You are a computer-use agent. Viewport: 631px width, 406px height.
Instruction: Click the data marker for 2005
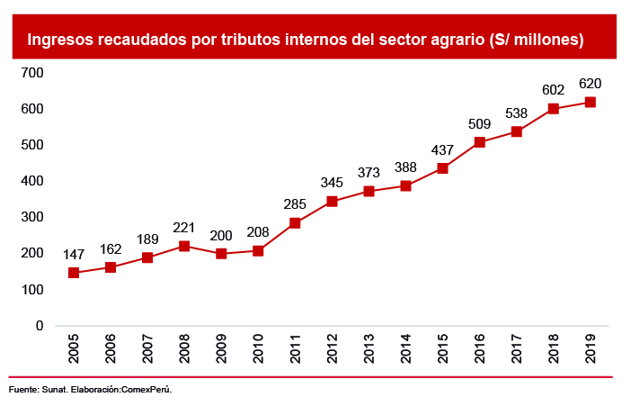[x=74, y=273]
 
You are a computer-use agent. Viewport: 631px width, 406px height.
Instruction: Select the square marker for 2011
[x=295, y=223]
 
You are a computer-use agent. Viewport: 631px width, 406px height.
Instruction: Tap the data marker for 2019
[x=590, y=102]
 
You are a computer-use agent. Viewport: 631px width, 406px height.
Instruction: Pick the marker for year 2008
[x=184, y=246]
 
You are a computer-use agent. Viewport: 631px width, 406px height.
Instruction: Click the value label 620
[x=590, y=84]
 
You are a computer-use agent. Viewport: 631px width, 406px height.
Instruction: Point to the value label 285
[x=295, y=203]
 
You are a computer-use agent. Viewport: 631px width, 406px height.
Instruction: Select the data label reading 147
[x=74, y=254]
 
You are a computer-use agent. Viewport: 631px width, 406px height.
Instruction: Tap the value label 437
[x=442, y=149]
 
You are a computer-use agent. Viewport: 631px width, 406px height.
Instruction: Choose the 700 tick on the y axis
[x=32, y=73]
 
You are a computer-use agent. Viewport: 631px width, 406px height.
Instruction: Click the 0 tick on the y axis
[x=40, y=326]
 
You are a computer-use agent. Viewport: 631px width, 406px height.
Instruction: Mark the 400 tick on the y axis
[x=32, y=181]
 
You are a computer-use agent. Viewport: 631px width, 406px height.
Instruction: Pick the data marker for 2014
[x=405, y=186]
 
